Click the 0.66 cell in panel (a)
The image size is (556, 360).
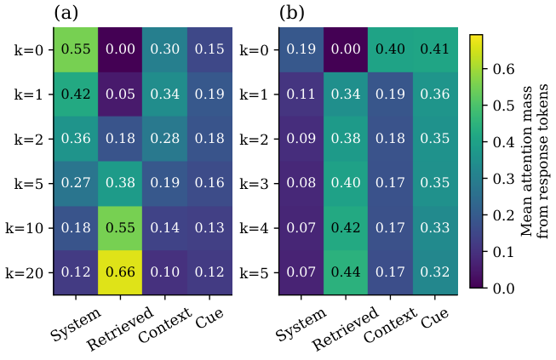click(120, 272)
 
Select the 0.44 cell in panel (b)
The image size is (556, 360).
click(346, 272)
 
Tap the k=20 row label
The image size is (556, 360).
click(25, 273)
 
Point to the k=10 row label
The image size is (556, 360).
click(25, 228)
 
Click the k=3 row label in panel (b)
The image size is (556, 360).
click(254, 184)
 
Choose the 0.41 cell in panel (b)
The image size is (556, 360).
click(435, 49)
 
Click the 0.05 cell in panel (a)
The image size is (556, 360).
click(120, 94)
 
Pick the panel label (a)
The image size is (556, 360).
click(66, 14)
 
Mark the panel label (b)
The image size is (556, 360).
click(292, 14)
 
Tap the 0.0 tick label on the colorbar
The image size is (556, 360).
click(503, 288)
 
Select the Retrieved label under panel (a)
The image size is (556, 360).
click(121, 329)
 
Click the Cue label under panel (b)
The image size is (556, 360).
click(435, 317)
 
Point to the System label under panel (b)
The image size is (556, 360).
click(301, 324)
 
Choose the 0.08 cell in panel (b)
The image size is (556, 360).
click(301, 184)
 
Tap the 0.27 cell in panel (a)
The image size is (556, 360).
click(76, 184)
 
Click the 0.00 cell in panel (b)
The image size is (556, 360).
click(346, 49)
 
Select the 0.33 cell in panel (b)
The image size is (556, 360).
click(435, 228)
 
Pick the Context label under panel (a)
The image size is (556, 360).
click(165, 324)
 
